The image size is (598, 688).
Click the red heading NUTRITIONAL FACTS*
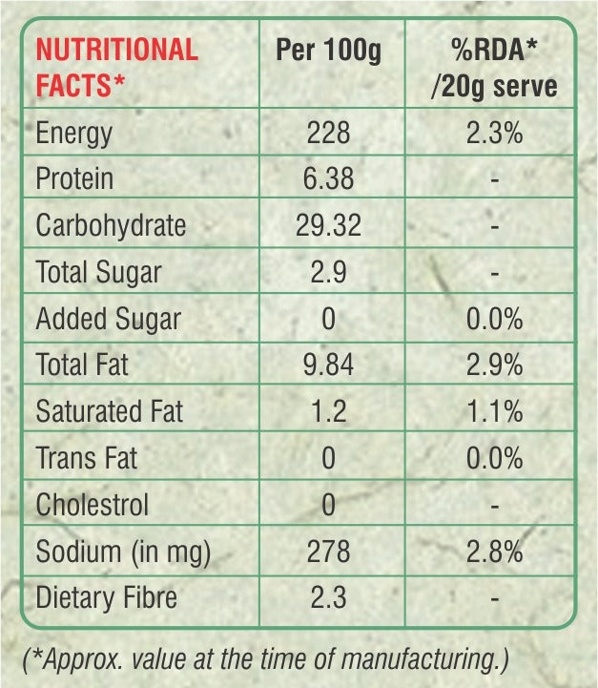[116, 67]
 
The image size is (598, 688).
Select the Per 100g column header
[328, 51]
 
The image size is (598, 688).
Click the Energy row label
[73, 133]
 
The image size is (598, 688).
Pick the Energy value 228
[328, 133]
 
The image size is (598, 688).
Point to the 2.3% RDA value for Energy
[494, 133]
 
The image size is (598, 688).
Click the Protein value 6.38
[328, 178]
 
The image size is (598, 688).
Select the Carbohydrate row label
[111, 225]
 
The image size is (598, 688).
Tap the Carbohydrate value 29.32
[328, 225]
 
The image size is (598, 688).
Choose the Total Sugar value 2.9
[328, 272]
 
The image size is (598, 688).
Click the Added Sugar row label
[108, 319]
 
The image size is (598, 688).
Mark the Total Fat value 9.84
[328, 365]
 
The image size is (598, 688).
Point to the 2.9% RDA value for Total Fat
[494, 365]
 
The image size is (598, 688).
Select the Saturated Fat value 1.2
[328, 411]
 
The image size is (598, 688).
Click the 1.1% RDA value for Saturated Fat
[494, 411]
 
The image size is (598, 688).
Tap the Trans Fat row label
[86, 458]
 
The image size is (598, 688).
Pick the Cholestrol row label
[92, 504]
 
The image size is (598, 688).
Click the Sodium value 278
[328, 552]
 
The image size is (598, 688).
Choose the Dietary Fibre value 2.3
[328, 598]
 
